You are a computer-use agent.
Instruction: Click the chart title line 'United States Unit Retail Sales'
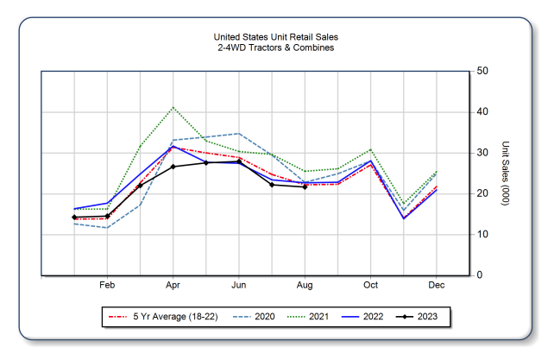pyautogui.click(x=275, y=37)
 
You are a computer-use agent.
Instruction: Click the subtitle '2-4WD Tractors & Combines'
pyautogui.click(x=275, y=47)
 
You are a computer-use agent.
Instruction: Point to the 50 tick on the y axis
pyautogui.click(x=484, y=71)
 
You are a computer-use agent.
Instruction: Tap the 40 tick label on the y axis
pyautogui.click(x=484, y=112)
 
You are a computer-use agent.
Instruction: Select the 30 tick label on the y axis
pyautogui.click(x=484, y=153)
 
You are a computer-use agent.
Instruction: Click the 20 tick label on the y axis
pyautogui.click(x=484, y=193)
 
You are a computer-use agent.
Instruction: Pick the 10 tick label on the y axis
pyautogui.click(x=484, y=235)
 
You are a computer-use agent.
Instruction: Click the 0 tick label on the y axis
pyautogui.click(x=481, y=275)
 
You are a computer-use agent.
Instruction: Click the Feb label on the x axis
pyautogui.click(x=108, y=285)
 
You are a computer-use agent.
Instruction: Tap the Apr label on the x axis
pyautogui.click(x=173, y=285)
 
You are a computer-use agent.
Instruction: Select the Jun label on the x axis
pyautogui.click(x=239, y=285)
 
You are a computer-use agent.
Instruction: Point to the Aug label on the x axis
pyautogui.click(x=305, y=285)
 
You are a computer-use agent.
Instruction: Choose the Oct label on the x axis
pyautogui.click(x=371, y=285)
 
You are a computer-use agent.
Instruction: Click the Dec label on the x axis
pyautogui.click(x=437, y=285)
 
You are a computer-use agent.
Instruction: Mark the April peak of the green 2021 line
pyautogui.click(x=173, y=108)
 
